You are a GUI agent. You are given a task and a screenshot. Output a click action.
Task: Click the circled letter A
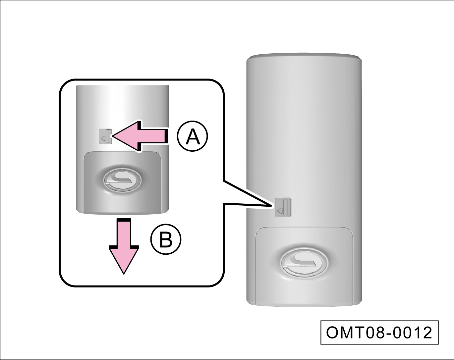pos(192,137)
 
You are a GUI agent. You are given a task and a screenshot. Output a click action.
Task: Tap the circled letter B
pos(166,239)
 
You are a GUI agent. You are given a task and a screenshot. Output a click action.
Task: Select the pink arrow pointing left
pos(141,136)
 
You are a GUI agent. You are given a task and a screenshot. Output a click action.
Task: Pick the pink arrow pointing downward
pos(123,247)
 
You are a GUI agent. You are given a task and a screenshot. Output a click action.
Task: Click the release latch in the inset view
pos(106,136)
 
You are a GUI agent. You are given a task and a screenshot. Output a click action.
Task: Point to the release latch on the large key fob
pos(283,207)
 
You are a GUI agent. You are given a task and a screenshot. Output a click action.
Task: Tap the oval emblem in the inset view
pos(122,180)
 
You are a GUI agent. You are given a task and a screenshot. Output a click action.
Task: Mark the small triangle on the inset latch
pos(103,138)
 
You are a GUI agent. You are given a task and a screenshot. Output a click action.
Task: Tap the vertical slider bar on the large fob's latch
pos(287,207)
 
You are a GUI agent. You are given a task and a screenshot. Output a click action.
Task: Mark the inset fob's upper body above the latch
pos(122,106)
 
